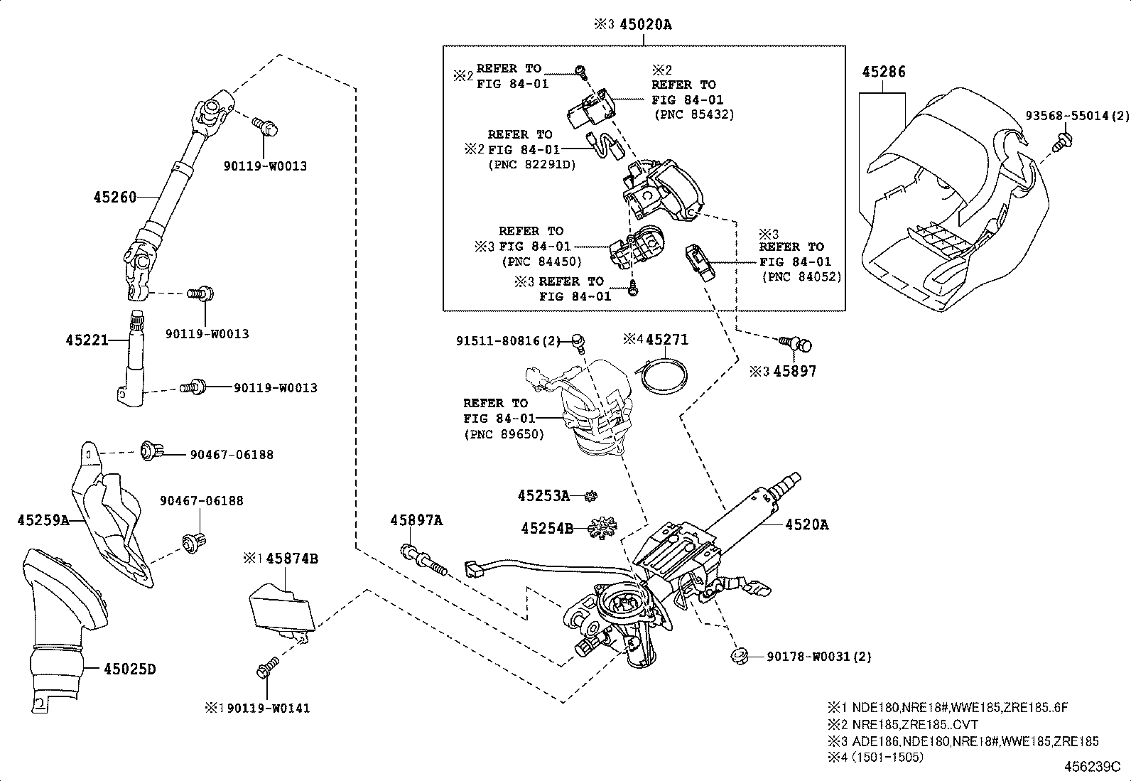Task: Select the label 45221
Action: coord(87,340)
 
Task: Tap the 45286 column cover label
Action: coord(884,72)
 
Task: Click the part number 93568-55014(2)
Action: coord(1077,115)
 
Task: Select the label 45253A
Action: coord(543,496)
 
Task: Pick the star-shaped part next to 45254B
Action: coord(603,527)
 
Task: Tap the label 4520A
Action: coord(806,524)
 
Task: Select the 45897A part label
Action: coord(416,521)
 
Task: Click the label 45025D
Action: coord(129,669)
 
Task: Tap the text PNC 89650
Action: coord(504,434)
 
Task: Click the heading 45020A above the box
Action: coord(644,25)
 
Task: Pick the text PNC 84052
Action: coord(801,277)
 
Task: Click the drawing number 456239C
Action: coord(1091,767)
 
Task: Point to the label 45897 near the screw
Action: coord(794,371)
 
